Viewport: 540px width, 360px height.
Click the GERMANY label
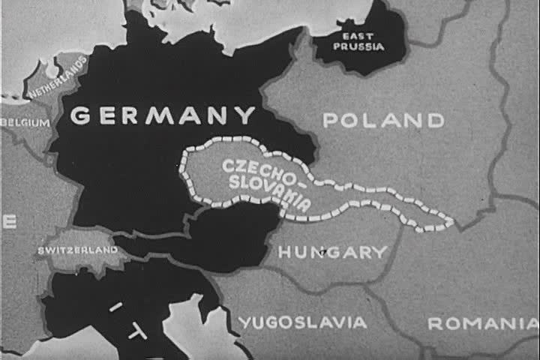163,115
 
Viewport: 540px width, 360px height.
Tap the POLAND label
383,120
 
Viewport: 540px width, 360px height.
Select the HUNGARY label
332,253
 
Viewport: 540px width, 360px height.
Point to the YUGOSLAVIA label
303,322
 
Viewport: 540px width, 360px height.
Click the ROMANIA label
482,324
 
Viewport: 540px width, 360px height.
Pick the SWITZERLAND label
78,249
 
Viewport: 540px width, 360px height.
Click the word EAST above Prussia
358,36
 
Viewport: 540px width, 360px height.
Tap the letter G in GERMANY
81,116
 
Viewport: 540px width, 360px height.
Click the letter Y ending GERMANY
247,115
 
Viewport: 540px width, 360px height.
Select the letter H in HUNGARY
285,253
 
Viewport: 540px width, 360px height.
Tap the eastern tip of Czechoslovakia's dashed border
451,221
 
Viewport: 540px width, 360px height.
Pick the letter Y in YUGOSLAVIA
245,322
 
